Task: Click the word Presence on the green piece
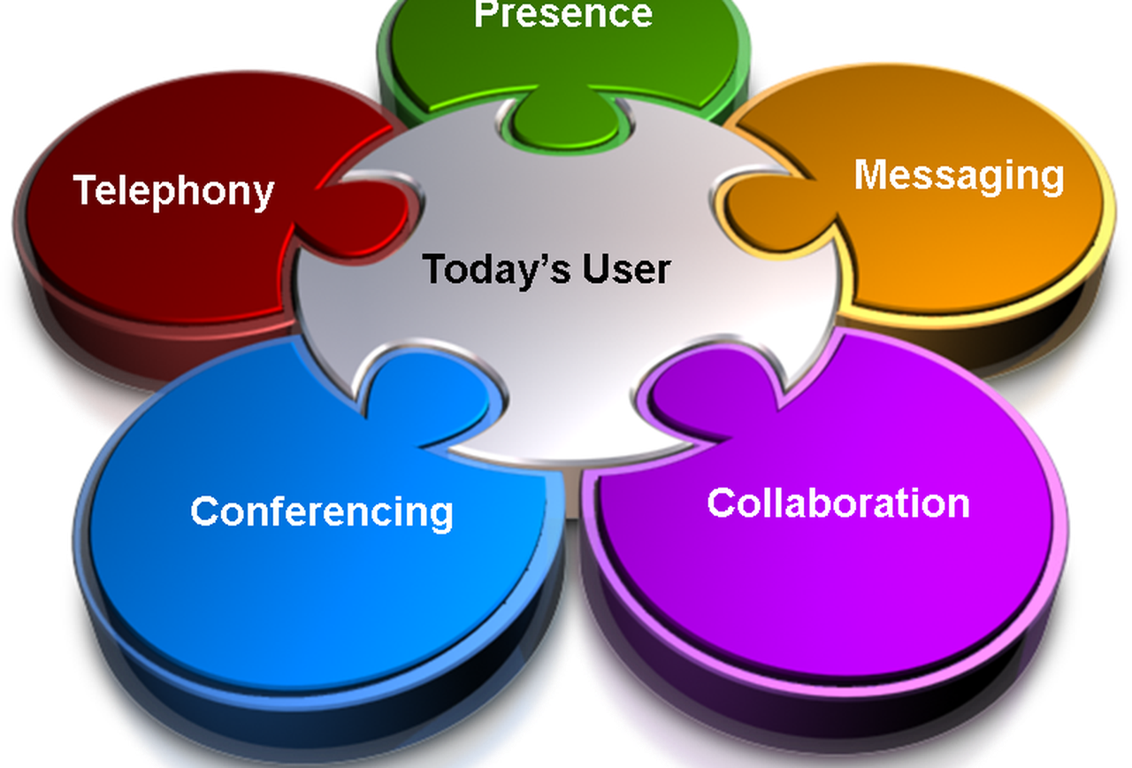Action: pyautogui.click(x=563, y=13)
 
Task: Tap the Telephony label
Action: pyautogui.click(x=173, y=191)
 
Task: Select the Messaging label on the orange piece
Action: pyautogui.click(x=959, y=176)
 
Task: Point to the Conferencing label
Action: pyautogui.click(x=321, y=512)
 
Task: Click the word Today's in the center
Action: pyautogui.click(x=497, y=270)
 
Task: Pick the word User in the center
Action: pyautogui.click(x=627, y=270)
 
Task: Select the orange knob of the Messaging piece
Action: pyautogui.click(x=773, y=212)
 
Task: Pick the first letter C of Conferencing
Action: pyautogui.click(x=203, y=511)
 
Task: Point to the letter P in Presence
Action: pyautogui.click(x=486, y=12)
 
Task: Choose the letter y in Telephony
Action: pyautogui.click(x=263, y=196)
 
